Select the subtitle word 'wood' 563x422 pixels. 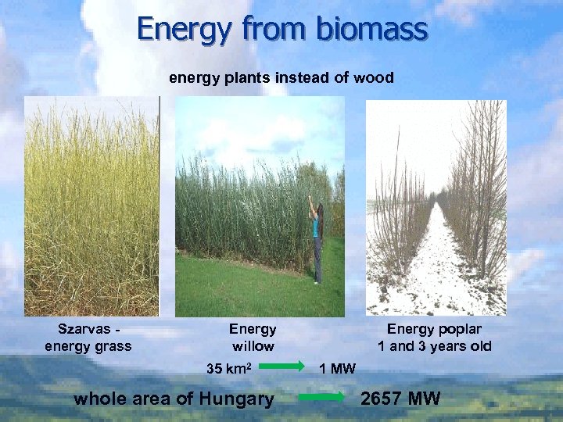point(373,77)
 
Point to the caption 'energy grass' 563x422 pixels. point(88,345)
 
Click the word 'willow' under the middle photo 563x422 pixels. point(253,345)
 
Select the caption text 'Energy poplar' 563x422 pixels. point(434,329)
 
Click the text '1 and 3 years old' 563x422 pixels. point(434,345)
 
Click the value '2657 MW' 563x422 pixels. point(400,399)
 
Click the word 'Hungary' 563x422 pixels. point(236,399)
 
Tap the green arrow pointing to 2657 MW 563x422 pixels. point(321,397)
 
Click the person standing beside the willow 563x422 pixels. point(317,242)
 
